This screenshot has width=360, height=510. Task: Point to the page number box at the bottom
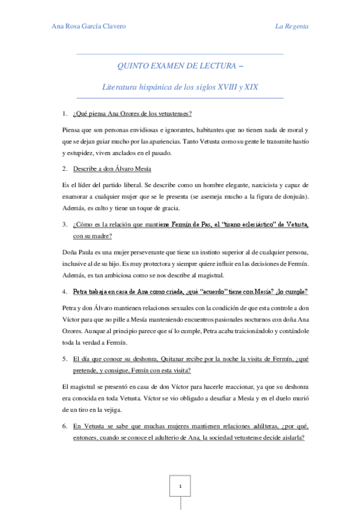[180, 487]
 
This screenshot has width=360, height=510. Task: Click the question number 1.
[64, 113]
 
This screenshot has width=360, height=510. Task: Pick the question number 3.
[64, 225]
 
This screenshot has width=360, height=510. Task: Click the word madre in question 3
[108, 236]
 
